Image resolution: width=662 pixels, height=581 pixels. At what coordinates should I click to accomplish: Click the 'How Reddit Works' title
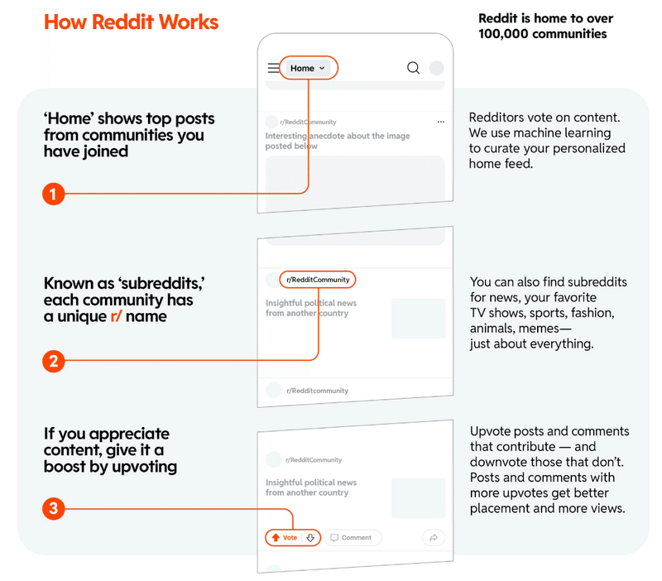point(131,22)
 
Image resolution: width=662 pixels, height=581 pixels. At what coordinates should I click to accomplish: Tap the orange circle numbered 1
point(53,194)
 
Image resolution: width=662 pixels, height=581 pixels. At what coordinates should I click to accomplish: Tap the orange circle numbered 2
point(53,361)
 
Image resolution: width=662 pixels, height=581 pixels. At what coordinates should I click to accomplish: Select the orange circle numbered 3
point(53,508)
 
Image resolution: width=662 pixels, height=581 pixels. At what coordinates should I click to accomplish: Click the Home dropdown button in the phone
point(307,68)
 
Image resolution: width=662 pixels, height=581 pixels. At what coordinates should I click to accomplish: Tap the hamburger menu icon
point(274,68)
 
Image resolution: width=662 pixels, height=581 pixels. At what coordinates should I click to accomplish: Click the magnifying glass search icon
point(413,68)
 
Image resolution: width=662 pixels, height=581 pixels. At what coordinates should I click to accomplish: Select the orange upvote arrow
point(276,537)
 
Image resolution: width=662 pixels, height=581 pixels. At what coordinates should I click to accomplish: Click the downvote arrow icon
point(310,537)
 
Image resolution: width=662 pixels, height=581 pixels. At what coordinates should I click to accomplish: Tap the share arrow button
point(433,538)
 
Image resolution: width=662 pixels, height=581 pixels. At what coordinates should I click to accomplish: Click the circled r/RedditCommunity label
point(318,280)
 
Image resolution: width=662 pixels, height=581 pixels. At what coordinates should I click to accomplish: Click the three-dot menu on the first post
point(441,122)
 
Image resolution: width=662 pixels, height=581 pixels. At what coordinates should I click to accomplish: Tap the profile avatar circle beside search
point(437,68)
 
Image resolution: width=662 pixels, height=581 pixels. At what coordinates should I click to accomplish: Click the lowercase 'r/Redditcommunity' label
point(317,391)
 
